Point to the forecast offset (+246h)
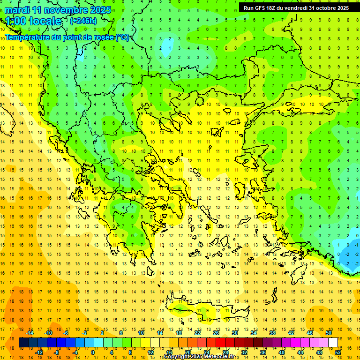coord(83,21)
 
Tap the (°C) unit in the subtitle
coord(122,37)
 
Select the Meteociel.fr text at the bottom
coord(222,357)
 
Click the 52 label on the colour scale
coord(338,352)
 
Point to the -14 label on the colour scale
coord(30,333)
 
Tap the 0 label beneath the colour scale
coord(93,352)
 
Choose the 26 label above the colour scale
coord(216,333)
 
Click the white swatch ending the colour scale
coord(333,343)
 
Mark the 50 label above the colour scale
coord(329,333)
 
